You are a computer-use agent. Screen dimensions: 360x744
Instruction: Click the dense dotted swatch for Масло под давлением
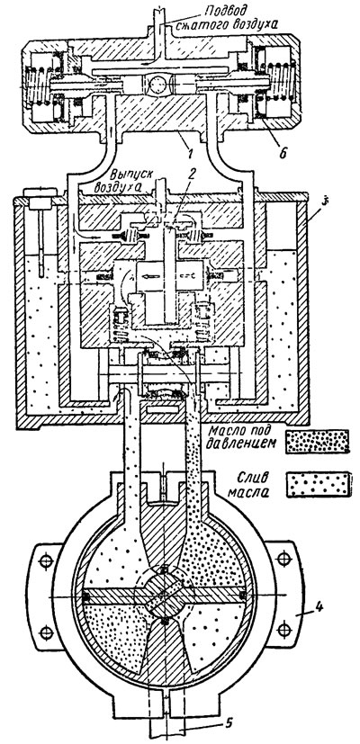(x=318, y=442)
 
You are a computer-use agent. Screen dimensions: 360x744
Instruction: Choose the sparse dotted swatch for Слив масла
(x=319, y=484)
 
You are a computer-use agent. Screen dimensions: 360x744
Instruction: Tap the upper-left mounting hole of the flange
(x=46, y=560)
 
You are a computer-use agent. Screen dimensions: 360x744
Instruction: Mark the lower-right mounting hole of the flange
(x=283, y=629)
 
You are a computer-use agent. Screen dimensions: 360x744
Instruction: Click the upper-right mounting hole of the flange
(x=283, y=559)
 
